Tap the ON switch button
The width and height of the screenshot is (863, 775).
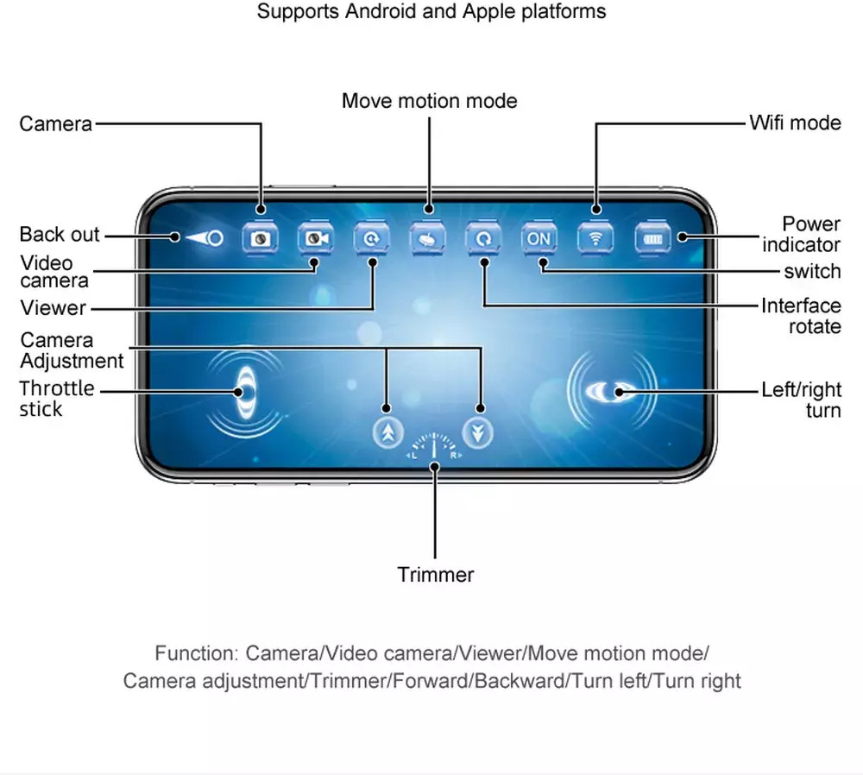(x=538, y=238)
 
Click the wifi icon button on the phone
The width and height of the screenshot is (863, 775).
(x=595, y=238)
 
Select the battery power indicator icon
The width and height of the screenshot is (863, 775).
(x=652, y=238)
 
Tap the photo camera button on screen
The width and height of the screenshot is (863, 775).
(x=261, y=238)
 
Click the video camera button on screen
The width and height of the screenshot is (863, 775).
(x=316, y=238)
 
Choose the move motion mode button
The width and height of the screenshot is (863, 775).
(x=428, y=238)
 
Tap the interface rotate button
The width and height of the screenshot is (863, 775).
(x=483, y=238)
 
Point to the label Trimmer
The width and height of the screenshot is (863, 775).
(x=435, y=575)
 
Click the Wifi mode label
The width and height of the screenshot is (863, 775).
(x=794, y=123)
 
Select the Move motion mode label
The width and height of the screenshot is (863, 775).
(x=429, y=101)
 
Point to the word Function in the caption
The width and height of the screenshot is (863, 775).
(x=195, y=652)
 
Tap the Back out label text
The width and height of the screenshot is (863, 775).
(x=60, y=235)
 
